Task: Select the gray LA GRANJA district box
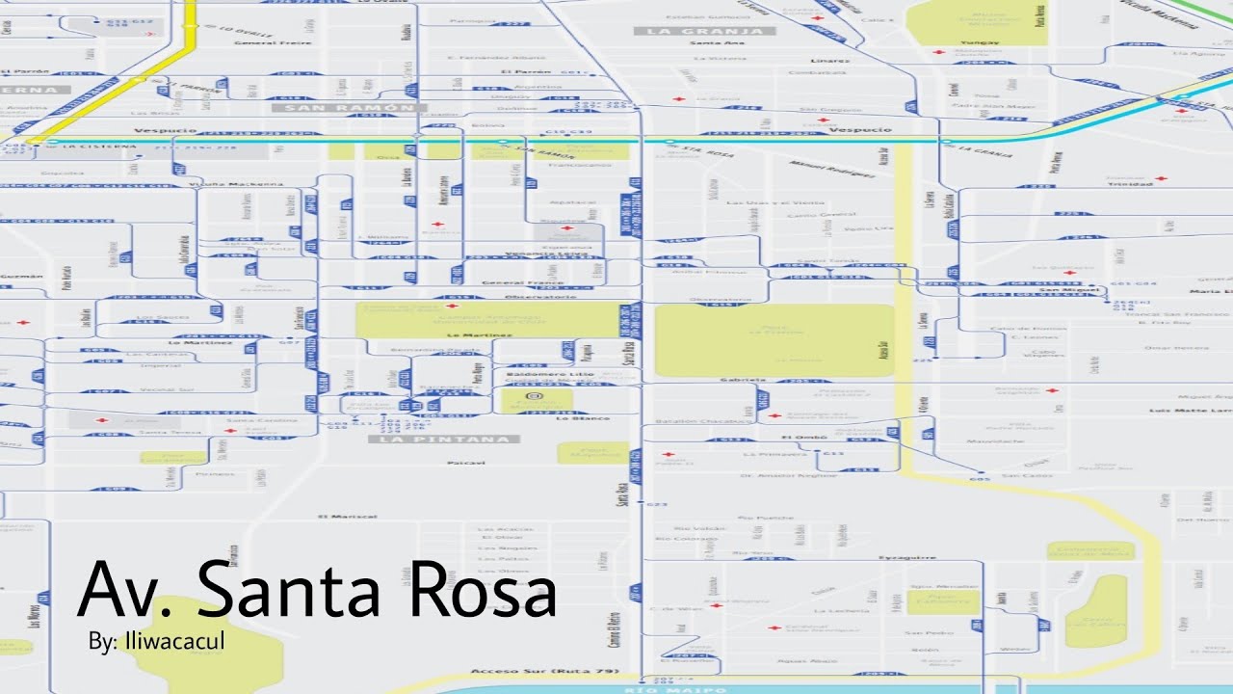pos(704,31)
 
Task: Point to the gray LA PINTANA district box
pos(443,440)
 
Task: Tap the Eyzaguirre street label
pos(907,557)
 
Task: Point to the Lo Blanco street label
pos(583,418)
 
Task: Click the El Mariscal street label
pos(349,517)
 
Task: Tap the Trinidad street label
pos(1123,183)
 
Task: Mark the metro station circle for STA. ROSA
pos(669,142)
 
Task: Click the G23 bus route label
pos(658,504)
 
